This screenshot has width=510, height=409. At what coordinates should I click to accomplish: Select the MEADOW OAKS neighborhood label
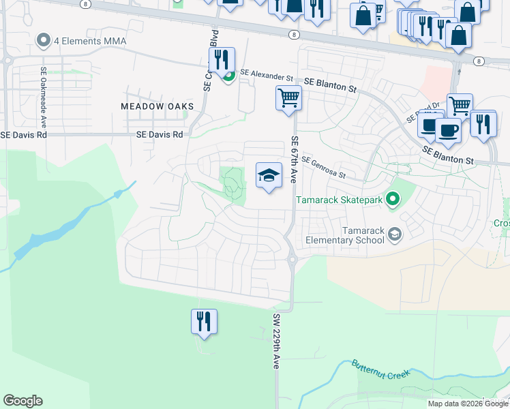[x=157, y=106]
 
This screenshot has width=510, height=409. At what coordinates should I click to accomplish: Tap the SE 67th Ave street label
[x=295, y=159]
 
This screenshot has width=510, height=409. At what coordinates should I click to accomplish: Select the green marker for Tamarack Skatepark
[x=392, y=199]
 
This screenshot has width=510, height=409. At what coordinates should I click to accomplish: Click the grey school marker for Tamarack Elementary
[x=394, y=235]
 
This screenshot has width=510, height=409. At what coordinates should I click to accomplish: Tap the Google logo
[x=22, y=401]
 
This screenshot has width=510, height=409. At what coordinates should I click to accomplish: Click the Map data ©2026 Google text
[x=468, y=404]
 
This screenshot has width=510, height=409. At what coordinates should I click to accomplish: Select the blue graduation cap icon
[x=269, y=176]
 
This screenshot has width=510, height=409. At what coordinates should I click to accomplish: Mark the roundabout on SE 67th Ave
[x=292, y=258]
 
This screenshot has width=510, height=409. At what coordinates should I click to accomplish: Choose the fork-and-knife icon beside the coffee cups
[x=483, y=124]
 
